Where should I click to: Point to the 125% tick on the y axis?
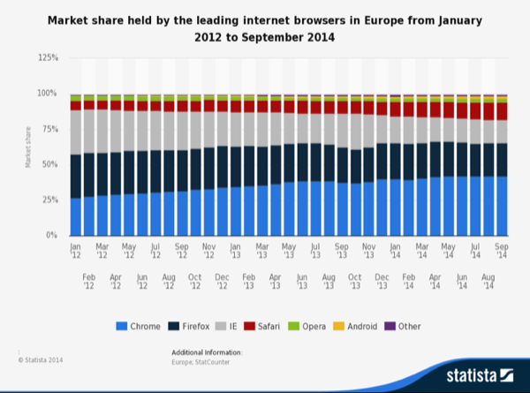tap(49, 57)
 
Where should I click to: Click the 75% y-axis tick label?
tap(50, 129)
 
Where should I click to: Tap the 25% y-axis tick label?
tap(50, 200)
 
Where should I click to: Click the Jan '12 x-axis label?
tap(76, 253)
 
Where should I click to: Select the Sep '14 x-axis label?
tap(502, 253)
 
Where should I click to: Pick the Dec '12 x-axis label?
tap(223, 281)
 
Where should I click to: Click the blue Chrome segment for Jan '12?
tap(76, 217)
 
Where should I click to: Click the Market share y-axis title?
tap(29, 147)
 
